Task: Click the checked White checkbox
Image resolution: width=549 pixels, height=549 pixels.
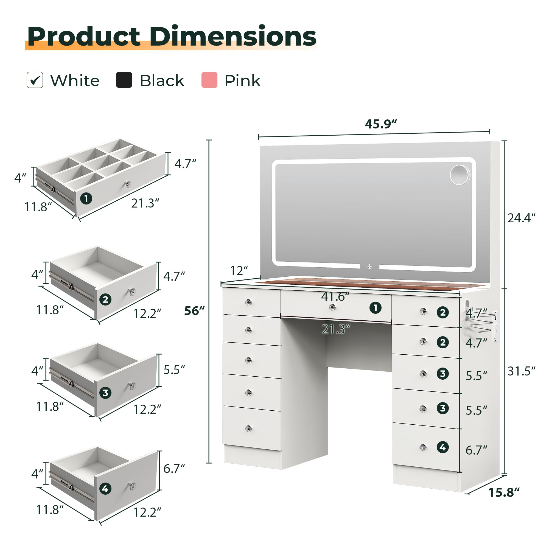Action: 35,80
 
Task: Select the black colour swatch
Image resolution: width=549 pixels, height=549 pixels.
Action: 124,80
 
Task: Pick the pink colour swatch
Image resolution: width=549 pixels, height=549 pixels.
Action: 209,80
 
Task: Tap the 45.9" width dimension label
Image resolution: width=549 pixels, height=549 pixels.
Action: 381,124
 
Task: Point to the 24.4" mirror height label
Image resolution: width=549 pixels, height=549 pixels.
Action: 522,218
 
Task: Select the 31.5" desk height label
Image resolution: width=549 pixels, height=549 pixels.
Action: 522,371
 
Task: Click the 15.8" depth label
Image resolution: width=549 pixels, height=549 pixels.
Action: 504,492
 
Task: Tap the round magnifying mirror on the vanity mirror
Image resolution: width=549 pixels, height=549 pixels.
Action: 460,175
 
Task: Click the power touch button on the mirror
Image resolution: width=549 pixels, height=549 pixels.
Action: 369,267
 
